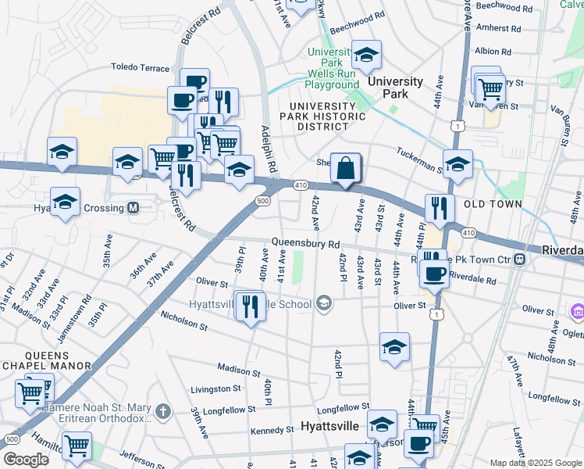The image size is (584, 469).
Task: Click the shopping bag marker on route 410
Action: pos(345,167)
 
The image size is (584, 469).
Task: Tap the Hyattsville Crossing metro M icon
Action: pos(133,208)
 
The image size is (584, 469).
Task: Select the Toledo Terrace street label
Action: pos(140,68)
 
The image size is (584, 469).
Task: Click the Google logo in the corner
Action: pos(25,459)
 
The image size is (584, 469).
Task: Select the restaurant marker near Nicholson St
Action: pos(250,306)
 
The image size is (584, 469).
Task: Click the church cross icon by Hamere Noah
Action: pos(162,410)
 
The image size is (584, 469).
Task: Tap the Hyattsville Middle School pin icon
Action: pos(324,303)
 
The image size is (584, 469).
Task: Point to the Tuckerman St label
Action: pos(420,159)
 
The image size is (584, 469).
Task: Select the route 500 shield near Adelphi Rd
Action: pos(262,201)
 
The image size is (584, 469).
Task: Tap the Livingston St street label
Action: pos(215,388)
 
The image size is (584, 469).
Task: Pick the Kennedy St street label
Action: pos(272,431)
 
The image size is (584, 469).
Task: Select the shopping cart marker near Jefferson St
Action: pos(77,446)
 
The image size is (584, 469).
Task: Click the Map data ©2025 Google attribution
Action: pos(535,463)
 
